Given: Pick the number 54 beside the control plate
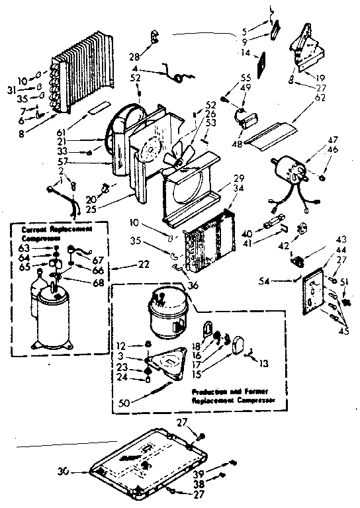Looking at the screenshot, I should (284, 282).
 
